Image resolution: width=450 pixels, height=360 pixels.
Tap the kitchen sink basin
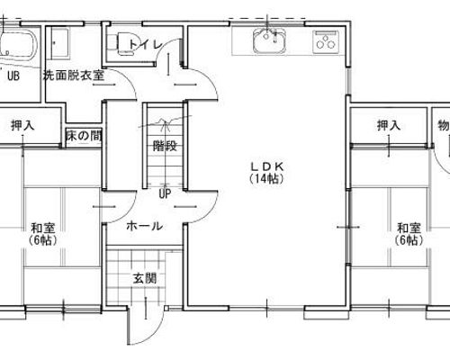268,40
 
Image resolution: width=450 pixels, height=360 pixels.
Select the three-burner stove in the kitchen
325,42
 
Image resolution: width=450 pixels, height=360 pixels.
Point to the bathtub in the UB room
17,44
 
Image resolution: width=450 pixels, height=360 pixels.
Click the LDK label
267,166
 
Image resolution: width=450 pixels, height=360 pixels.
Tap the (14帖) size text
267,179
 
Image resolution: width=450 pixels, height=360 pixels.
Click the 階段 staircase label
165,146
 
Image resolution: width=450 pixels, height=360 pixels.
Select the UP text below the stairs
165,193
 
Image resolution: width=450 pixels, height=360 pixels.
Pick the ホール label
145,226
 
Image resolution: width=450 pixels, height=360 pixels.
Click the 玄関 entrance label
145,279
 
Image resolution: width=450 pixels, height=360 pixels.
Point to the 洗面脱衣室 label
74,76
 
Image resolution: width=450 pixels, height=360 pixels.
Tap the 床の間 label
84,136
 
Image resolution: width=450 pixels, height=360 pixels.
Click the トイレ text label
146,45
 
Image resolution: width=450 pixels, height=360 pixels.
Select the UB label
13,76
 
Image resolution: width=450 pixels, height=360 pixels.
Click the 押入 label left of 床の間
22,125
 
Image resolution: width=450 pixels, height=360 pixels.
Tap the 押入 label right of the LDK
389,125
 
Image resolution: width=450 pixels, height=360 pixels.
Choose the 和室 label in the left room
43,228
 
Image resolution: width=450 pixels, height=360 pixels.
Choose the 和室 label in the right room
409,228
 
